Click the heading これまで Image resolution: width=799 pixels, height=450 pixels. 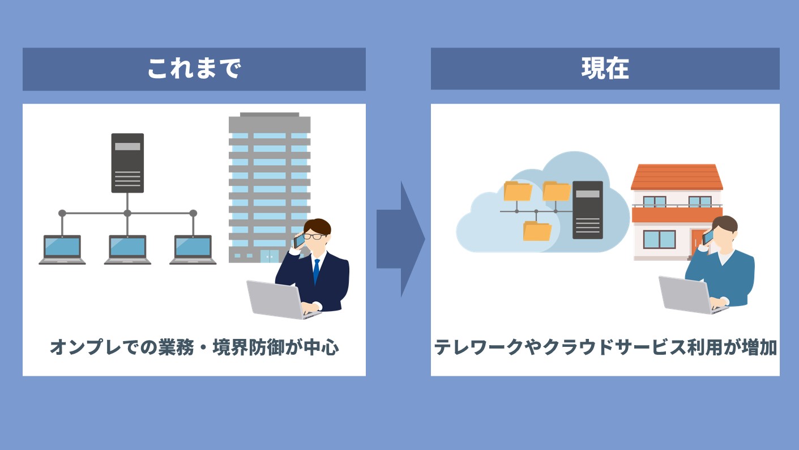coord(194,69)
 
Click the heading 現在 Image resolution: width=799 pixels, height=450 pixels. coord(605,69)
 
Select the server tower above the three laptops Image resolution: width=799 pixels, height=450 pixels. coord(127,163)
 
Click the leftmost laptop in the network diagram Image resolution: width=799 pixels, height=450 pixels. coord(62,249)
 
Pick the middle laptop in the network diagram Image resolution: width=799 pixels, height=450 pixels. coord(127,249)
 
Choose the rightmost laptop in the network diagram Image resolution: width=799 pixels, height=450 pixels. coord(193,249)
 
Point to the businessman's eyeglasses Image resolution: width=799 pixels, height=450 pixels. coord(314,236)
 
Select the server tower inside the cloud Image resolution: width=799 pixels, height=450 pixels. coord(587,210)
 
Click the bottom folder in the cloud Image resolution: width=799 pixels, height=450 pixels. coord(537,231)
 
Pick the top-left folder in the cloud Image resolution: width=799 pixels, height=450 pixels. coord(517,191)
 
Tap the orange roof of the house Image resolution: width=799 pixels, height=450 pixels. coord(677,177)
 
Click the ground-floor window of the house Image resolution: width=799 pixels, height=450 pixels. coord(659,239)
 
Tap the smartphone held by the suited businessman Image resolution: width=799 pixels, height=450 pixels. coord(299,240)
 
